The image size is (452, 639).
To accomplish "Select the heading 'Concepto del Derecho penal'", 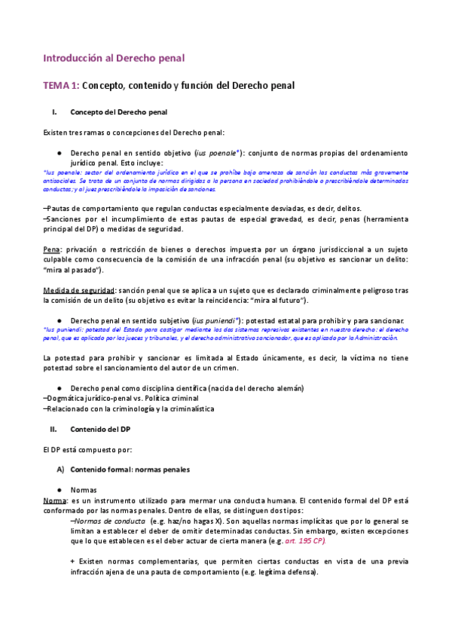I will (118, 112).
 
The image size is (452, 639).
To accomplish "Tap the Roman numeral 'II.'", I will (53, 429).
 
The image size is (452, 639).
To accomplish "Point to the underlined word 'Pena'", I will (52, 248).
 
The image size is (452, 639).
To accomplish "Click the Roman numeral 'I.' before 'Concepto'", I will (53, 112).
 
